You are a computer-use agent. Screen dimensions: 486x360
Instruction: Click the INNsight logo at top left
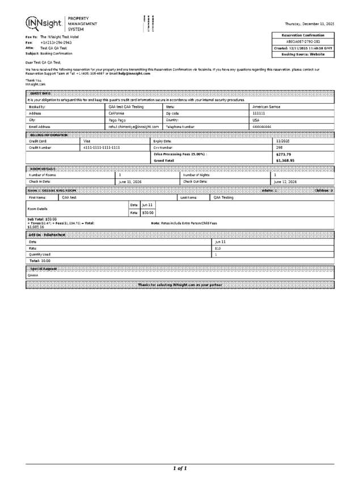coord(44,23)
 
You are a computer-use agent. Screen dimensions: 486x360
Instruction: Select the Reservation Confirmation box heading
coord(303,35)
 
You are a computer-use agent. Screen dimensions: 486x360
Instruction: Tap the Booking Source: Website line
coord(303,54)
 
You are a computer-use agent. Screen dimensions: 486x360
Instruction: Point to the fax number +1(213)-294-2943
coord(56,43)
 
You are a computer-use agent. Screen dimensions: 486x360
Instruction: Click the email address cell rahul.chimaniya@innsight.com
coord(134,127)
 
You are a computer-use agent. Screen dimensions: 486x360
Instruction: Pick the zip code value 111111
coord(259,113)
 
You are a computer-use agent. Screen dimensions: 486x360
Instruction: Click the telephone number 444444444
coord(262,127)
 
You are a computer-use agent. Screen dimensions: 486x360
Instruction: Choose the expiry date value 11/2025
coord(282,141)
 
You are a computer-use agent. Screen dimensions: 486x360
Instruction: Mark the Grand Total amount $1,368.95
coord(286,161)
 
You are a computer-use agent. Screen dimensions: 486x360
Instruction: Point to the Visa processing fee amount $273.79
coord(283,154)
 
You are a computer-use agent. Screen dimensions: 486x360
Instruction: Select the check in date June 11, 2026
coord(130,181)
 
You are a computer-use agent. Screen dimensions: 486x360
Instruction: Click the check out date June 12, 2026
coord(285,181)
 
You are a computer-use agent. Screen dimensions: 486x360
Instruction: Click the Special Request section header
coord(44,268)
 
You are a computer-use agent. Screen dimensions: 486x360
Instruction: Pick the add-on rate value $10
coord(218,248)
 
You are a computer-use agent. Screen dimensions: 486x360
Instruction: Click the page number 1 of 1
coord(180,468)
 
